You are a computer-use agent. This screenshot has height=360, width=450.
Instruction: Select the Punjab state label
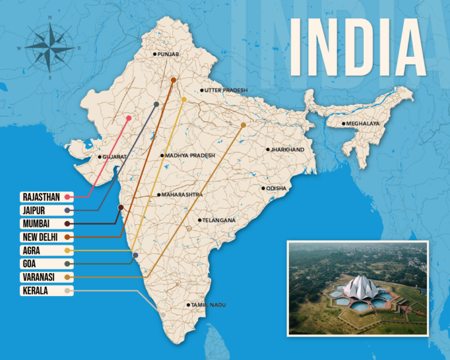tap(168, 55)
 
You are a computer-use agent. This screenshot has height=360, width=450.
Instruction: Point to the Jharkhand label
tap(287, 150)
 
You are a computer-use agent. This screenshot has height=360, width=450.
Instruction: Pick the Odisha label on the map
tap(276, 188)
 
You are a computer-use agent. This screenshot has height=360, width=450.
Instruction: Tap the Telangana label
tap(219, 220)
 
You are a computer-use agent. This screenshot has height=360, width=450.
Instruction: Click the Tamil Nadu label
tap(207, 305)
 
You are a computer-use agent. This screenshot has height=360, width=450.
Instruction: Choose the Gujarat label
tap(115, 157)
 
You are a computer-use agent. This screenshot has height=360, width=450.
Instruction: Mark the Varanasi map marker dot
tap(243, 125)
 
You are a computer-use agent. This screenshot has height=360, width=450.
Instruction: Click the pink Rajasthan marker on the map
tap(129, 118)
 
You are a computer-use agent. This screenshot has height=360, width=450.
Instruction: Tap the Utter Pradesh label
tap(226, 90)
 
